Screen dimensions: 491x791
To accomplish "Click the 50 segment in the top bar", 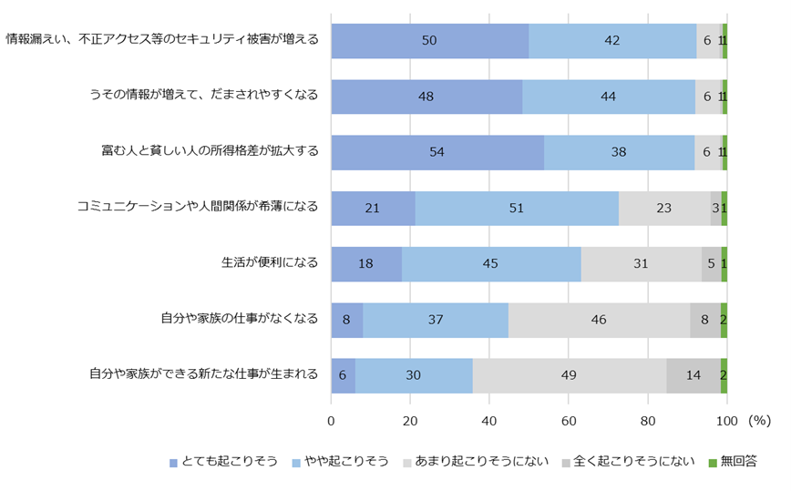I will (x=429, y=41).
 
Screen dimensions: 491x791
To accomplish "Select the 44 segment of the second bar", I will (x=609, y=97).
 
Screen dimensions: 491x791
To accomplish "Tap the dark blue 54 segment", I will (x=437, y=152).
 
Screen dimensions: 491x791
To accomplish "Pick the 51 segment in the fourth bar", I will (x=517, y=208).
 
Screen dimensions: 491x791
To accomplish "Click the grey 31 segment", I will (x=641, y=263).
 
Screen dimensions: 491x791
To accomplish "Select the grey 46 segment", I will (x=599, y=319).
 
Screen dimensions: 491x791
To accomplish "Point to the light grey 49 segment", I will (x=569, y=374).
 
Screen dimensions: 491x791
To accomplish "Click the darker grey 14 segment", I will (x=693, y=374).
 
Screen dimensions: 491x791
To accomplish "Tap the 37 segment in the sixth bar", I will (x=436, y=319).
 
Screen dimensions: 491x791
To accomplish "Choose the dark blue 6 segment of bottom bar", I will (x=343, y=374).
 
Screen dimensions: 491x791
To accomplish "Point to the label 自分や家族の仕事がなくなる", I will (x=239, y=319).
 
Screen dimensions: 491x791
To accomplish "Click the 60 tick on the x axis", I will (x=569, y=421).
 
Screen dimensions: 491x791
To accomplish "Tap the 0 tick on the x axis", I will (x=331, y=421).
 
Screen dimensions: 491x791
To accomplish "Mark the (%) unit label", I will (x=759, y=421).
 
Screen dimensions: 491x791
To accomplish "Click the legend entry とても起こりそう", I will (x=229, y=461).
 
